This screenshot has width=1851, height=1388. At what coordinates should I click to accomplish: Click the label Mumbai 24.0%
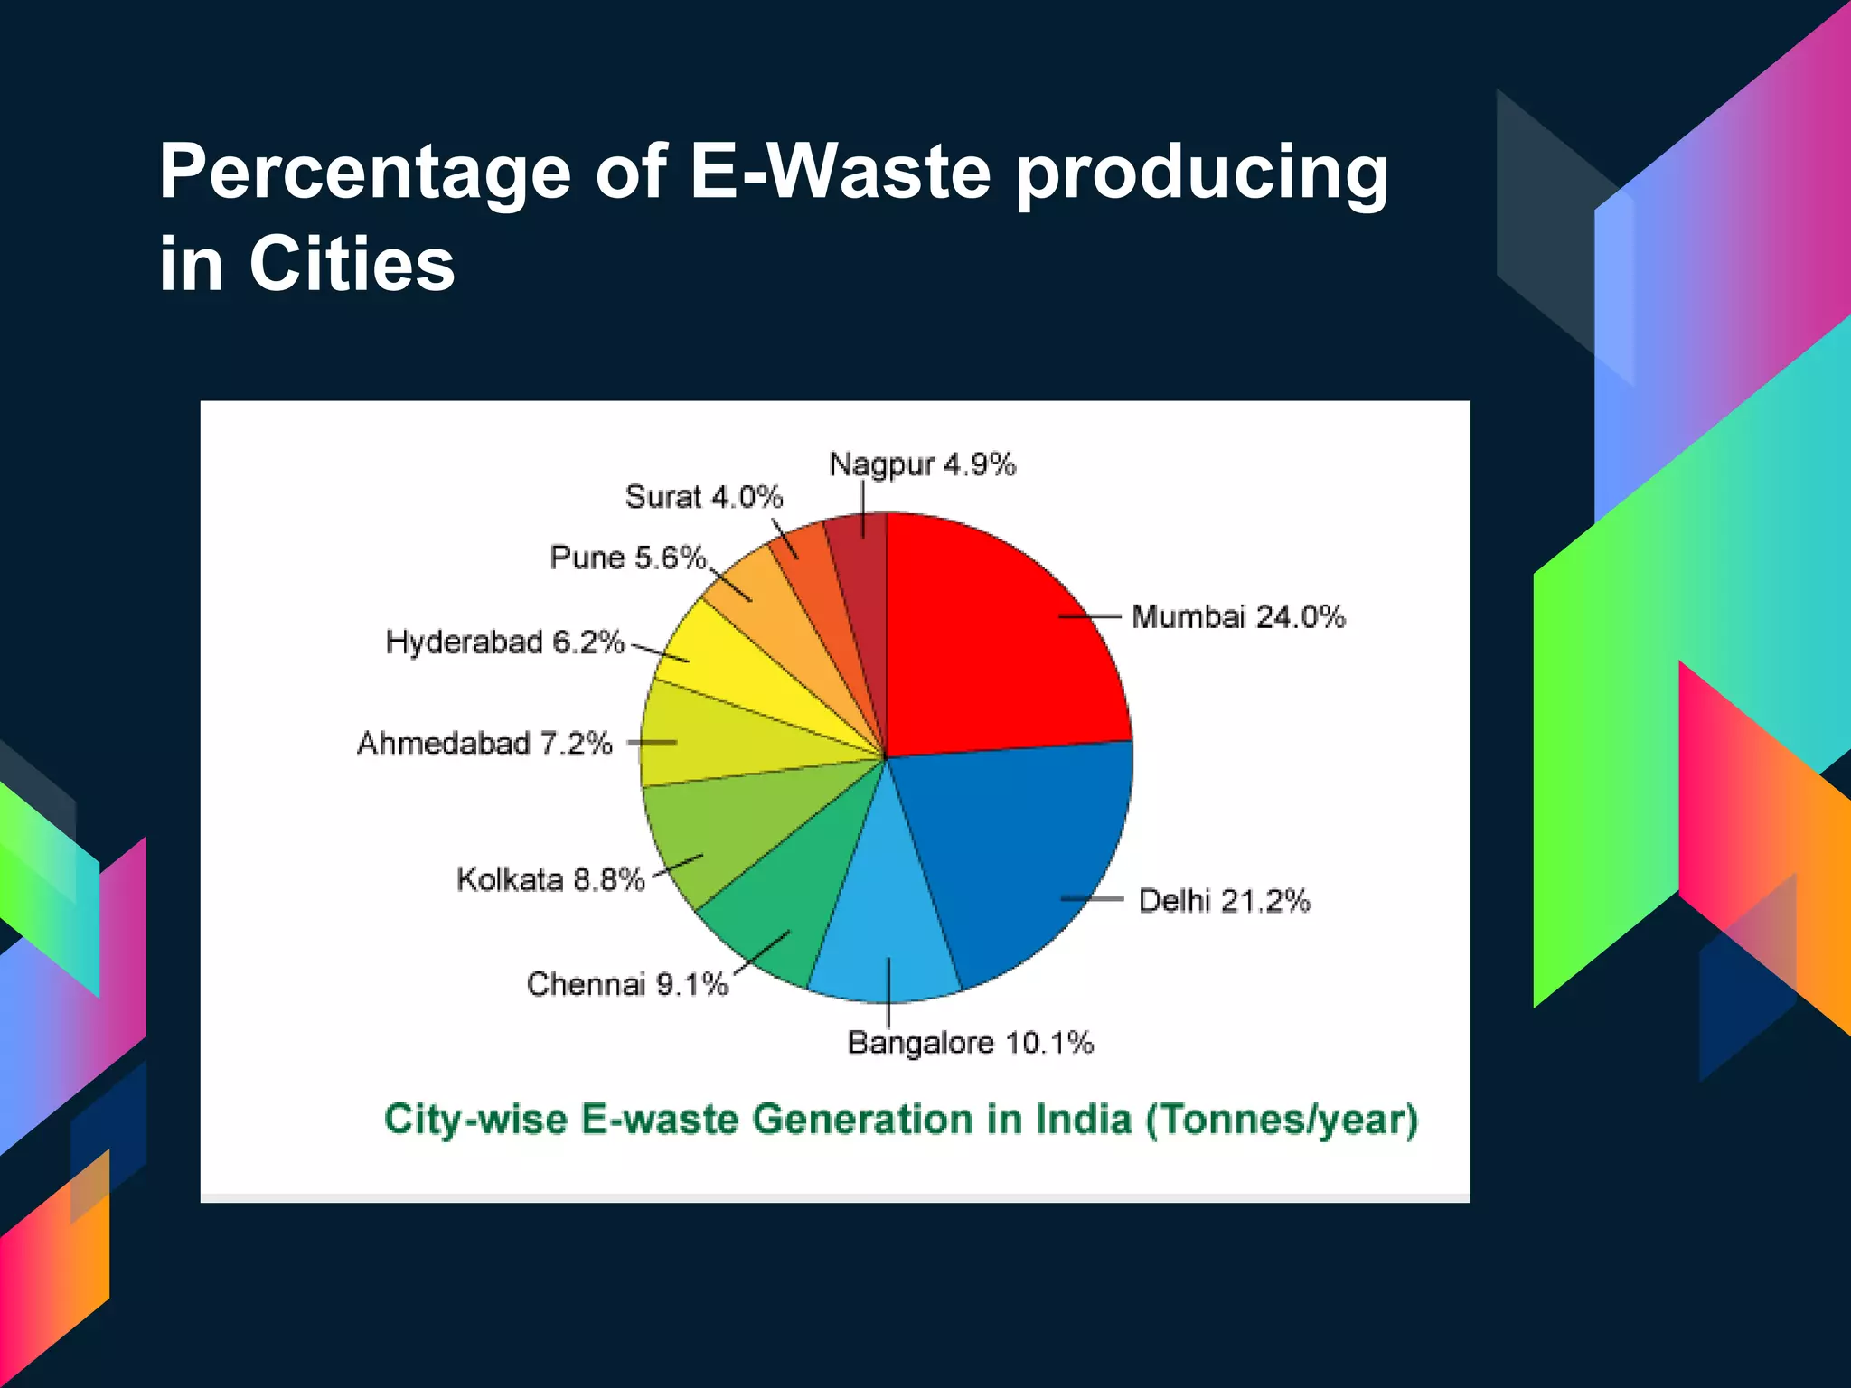click(x=1238, y=617)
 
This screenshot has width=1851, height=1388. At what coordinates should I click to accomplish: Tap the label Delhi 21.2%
click(x=1224, y=901)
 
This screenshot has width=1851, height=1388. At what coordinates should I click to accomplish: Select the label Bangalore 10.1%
click(x=971, y=1043)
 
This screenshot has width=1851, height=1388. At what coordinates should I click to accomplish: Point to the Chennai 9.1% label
click(x=627, y=983)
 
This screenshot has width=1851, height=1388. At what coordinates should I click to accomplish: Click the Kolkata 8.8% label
click(x=550, y=879)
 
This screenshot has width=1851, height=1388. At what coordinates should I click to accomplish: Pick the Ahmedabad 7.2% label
click(x=484, y=743)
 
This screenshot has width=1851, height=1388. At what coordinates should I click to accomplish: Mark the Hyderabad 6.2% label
click(x=504, y=642)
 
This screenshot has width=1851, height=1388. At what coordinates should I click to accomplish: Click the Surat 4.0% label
click(x=703, y=497)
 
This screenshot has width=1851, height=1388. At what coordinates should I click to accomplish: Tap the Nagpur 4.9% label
click(x=922, y=464)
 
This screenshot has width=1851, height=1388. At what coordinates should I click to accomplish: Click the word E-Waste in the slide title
click(x=841, y=172)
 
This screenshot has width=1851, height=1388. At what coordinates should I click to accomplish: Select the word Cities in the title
click(x=352, y=264)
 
